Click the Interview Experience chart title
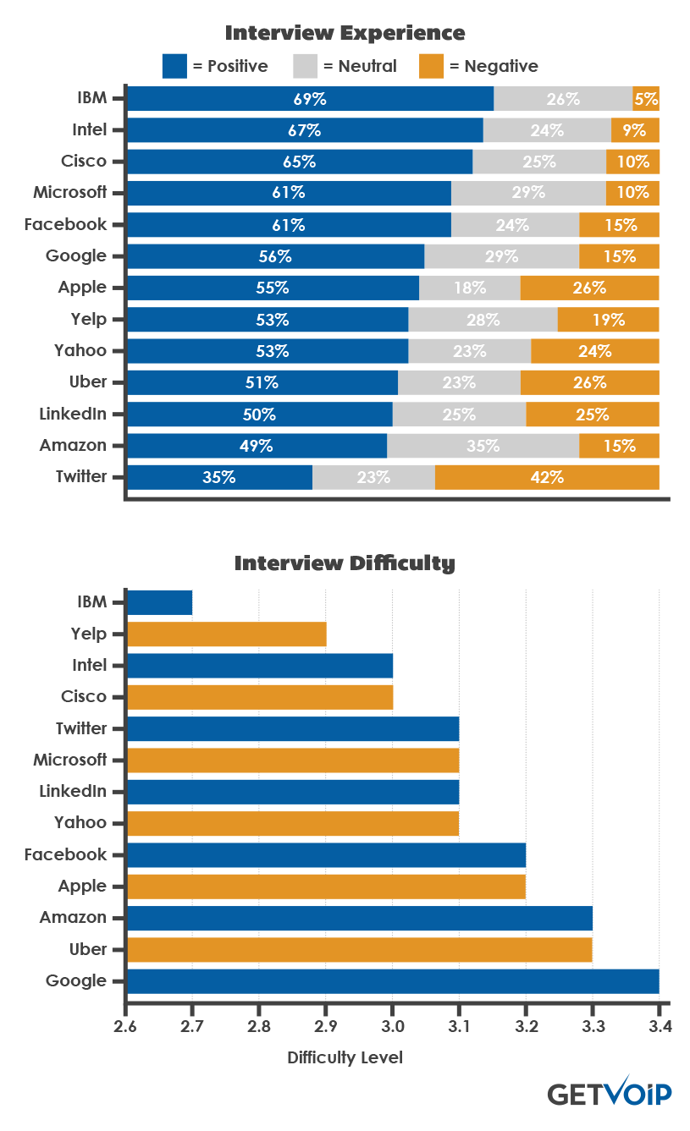tap(345, 33)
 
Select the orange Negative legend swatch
tap(431, 66)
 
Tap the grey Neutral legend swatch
tap(305, 66)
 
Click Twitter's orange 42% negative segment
tap(547, 477)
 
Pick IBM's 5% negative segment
tap(646, 98)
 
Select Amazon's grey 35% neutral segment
tap(483, 446)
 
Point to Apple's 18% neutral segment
tap(469, 288)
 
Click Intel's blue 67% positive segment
tap(305, 130)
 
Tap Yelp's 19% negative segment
tap(608, 320)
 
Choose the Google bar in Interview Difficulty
tap(392, 981)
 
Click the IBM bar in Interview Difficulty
tap(159, 602)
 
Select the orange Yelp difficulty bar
tap(226, 634)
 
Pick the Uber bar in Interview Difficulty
tap(359, 950)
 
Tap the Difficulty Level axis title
tap(345, 1057)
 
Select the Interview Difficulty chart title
tap(345, 563)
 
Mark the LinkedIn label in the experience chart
tap(73, 414)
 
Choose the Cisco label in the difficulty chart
tap(84, 696)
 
